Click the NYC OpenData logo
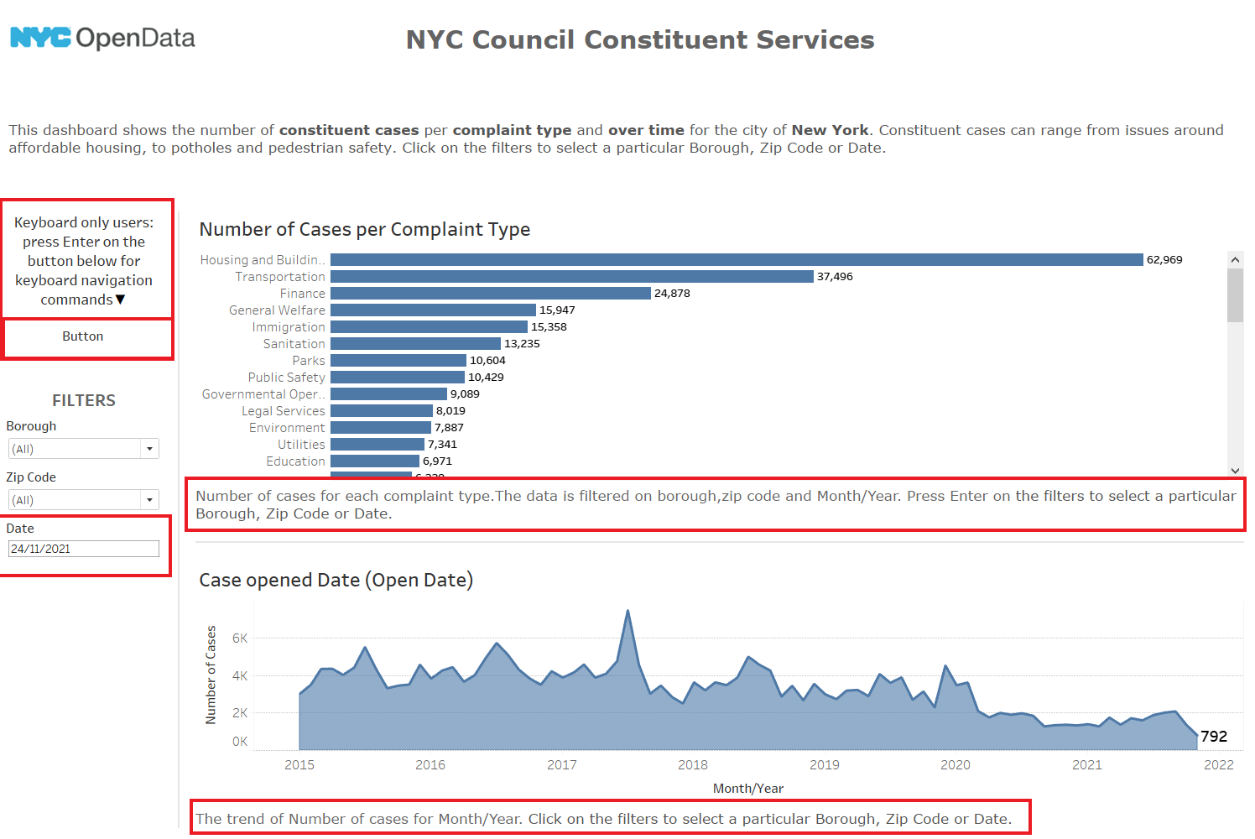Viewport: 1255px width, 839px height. tap(102, 38)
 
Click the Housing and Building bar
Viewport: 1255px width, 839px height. tap(736, 260)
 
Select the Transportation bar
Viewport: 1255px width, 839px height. tap(571, 277)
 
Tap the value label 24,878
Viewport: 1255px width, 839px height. tap(672, 294)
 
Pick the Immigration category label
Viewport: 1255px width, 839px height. tap(288, 327)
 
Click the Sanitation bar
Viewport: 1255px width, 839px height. tap(415, 344)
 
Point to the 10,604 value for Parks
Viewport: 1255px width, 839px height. tap(487, 361)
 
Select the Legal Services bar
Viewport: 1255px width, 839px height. tap(381, 411)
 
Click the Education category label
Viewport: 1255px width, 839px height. tap(295, 461)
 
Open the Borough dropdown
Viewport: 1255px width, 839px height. tap(149, 449)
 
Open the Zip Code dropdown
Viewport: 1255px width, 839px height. tap(149, 500)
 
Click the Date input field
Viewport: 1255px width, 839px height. tap(83, 549)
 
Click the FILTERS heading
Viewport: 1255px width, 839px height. tap(84, 400)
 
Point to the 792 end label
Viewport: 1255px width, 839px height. tap(1214, 736)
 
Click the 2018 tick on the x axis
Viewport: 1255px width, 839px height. tap(693, 764)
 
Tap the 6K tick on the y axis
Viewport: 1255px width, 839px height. tap(240, 638)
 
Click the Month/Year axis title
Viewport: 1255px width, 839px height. tap(747, 788)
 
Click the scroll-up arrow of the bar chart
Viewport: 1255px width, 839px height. tap(1235, 260)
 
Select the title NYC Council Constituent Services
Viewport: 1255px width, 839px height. tap(640, 39)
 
